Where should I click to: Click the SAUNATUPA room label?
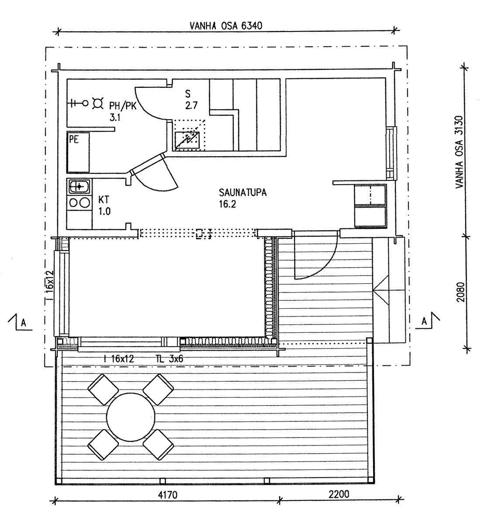pyautogui.click(x=242, y=193)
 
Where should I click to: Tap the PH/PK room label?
pyautogui.click(x=123, y=106)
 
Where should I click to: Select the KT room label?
pyautogui.click(x=104, y=200)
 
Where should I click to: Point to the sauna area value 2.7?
pyautogui.click(x=191, y=106)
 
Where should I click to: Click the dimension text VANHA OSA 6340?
pyautogui.click(x=226, y=26)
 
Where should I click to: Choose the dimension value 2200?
pyautogui.click(x=339, y=494)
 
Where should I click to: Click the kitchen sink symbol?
pyautogui.click(x=80, y=186)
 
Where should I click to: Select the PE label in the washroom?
pyautogui.click(x=74, y=140)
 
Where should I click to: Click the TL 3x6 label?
pyautogui.click(x=169, y=359)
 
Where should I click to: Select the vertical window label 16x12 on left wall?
pyautogui.click(x=49, y=284)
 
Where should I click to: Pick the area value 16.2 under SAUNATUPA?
pyautogui.click(x=227, y=204)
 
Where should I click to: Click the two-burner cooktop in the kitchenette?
pyautogui.click(x=79, y=203)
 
